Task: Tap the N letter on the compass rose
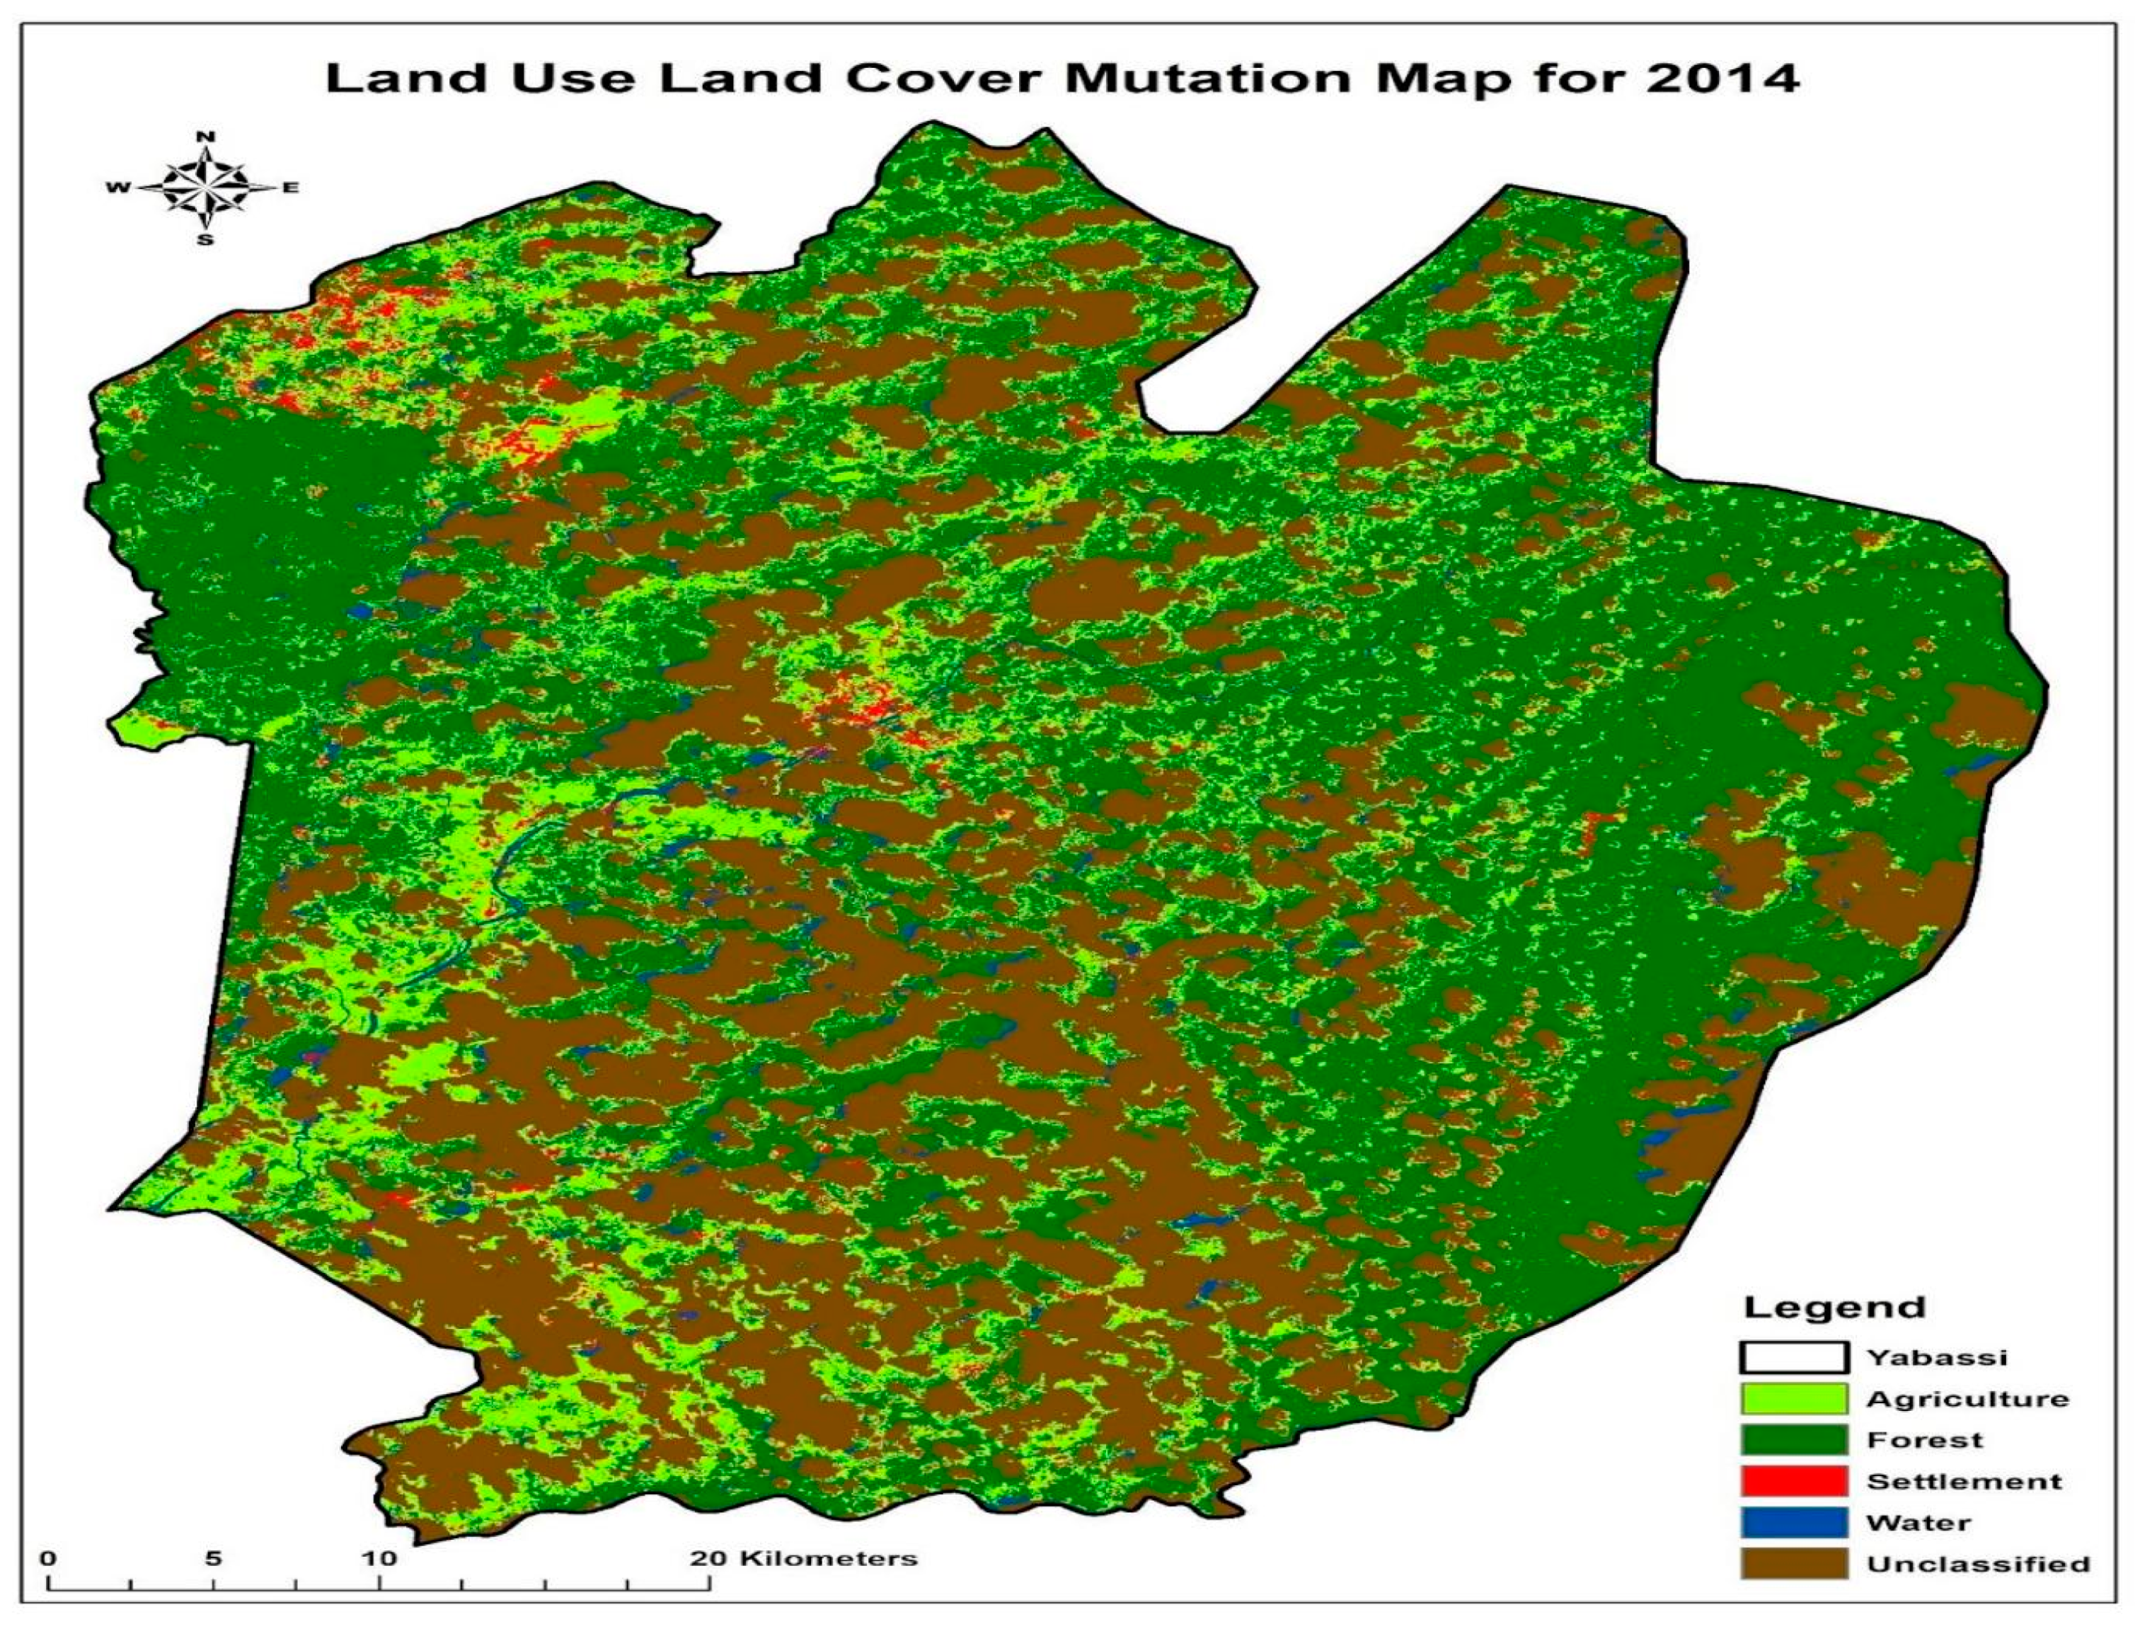coord(205,137)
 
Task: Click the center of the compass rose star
coord(205,187)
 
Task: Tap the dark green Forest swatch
coord(1794,1440)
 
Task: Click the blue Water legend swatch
coord(1794,1522)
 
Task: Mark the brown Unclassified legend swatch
coord(1794,1564)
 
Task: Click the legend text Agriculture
coord(1967,1399)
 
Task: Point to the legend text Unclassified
coord(1978,1564)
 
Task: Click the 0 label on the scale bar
coord(48,1559)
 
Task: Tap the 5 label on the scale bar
coord(213,1559)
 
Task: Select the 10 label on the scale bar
coord(379,1559)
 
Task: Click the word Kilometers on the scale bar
coord(829,1559)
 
